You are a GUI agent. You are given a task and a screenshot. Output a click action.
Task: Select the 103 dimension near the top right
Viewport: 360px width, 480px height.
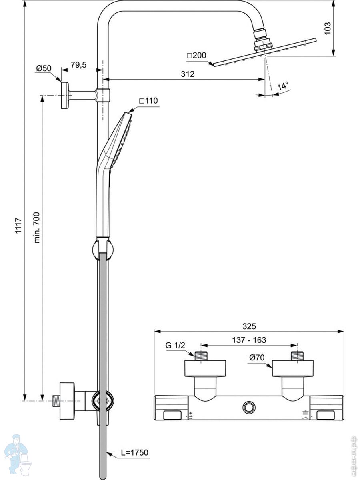[x=328, y=28]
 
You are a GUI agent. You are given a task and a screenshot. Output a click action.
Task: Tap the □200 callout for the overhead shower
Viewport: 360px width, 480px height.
[x=196, y=55]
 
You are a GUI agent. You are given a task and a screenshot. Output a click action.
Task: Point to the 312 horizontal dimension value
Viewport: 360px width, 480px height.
[x=187, y=74]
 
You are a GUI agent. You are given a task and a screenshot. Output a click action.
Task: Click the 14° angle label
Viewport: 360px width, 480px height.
[x=283, y=86]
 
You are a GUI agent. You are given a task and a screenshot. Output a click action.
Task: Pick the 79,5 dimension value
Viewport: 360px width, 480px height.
[x=78, y=65]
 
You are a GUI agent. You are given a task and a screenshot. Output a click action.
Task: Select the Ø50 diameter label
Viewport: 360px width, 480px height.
[x=44, y=68]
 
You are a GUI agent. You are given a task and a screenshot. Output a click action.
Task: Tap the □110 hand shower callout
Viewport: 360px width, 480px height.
[x=148, y=101]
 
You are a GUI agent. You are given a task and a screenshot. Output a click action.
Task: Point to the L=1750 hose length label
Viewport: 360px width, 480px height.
[x=134, y=453]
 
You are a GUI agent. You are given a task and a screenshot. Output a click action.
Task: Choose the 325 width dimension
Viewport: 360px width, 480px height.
[x=249, y=326]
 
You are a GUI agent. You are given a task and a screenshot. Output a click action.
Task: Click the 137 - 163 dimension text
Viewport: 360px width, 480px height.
[x=249, y=340]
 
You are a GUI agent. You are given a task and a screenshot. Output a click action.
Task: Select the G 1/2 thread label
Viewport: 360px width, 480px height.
[x=175, y=346]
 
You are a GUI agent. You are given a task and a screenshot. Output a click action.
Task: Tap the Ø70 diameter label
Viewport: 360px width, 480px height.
[x=256, y=358]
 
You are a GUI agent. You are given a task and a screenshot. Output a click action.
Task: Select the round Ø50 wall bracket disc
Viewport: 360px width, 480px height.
[x=64, y=95]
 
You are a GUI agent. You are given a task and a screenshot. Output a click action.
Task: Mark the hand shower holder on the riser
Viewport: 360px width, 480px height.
[x=103, y=249]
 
